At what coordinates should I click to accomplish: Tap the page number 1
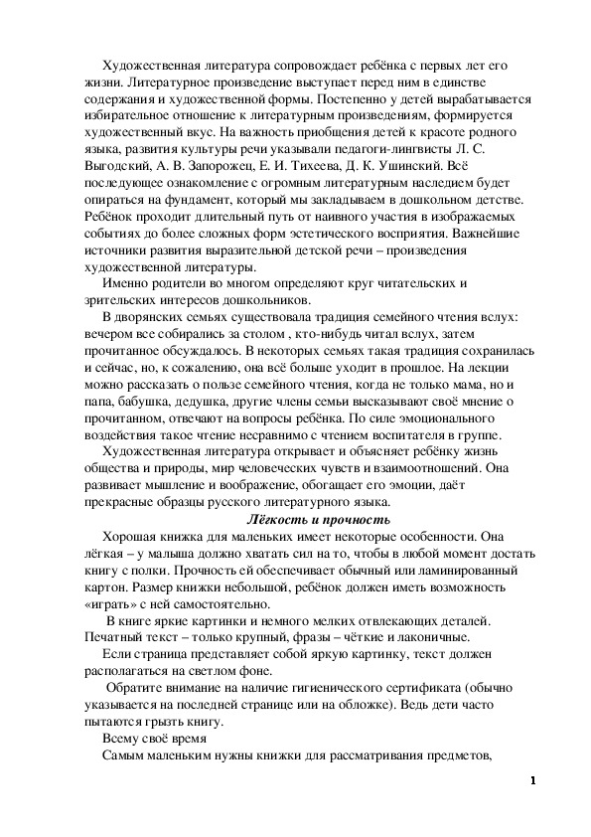(x=533, y=779)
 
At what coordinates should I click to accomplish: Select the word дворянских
(x=155, y=316)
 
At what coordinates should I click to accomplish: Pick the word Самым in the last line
(x=125, y=756)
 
